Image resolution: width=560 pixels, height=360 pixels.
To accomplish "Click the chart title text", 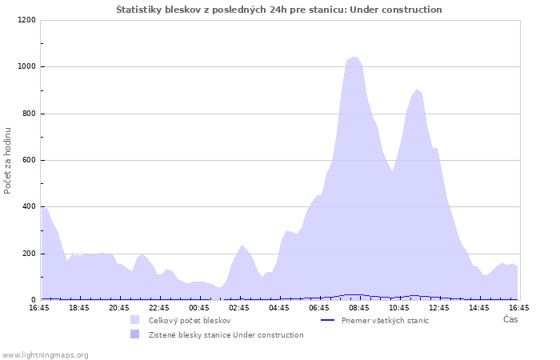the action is click(279, 10).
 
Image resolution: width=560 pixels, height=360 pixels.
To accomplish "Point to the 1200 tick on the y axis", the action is click(26, 20).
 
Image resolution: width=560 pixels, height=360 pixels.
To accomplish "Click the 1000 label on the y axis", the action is click(26, 66).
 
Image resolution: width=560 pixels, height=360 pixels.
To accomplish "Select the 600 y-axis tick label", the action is click(29, 160).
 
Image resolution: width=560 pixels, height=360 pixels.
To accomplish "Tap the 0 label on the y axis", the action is click(34, 300).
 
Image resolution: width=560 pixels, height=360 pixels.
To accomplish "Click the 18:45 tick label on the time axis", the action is click(79, 308).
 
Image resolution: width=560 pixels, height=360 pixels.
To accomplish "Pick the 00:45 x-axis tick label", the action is click(199, 308).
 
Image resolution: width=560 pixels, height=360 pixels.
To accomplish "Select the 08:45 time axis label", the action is click(359, 308).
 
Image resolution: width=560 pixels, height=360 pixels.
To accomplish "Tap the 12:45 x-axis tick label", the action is click(439, 308).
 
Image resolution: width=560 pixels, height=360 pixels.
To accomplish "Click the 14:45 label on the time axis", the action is click(479, 308).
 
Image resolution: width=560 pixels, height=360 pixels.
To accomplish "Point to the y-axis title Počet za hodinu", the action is click(7, 161).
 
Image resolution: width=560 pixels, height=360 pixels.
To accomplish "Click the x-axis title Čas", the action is click(510, 319).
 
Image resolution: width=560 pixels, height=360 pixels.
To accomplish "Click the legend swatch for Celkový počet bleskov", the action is click(134, 320).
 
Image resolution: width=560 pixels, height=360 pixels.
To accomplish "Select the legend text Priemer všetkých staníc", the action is click(385, 321).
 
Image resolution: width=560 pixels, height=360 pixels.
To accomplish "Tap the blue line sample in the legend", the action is click(327, 320).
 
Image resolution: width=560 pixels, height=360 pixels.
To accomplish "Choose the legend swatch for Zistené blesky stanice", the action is click(134, 334).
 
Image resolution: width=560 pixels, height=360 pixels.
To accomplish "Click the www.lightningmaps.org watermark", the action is click(44, 355).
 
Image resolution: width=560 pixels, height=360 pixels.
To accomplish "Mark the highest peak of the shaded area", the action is click(354, 57).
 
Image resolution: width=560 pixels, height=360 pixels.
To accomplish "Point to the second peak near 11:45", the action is click(417, 90).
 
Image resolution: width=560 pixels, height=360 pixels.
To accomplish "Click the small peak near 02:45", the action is click(242, 246).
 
